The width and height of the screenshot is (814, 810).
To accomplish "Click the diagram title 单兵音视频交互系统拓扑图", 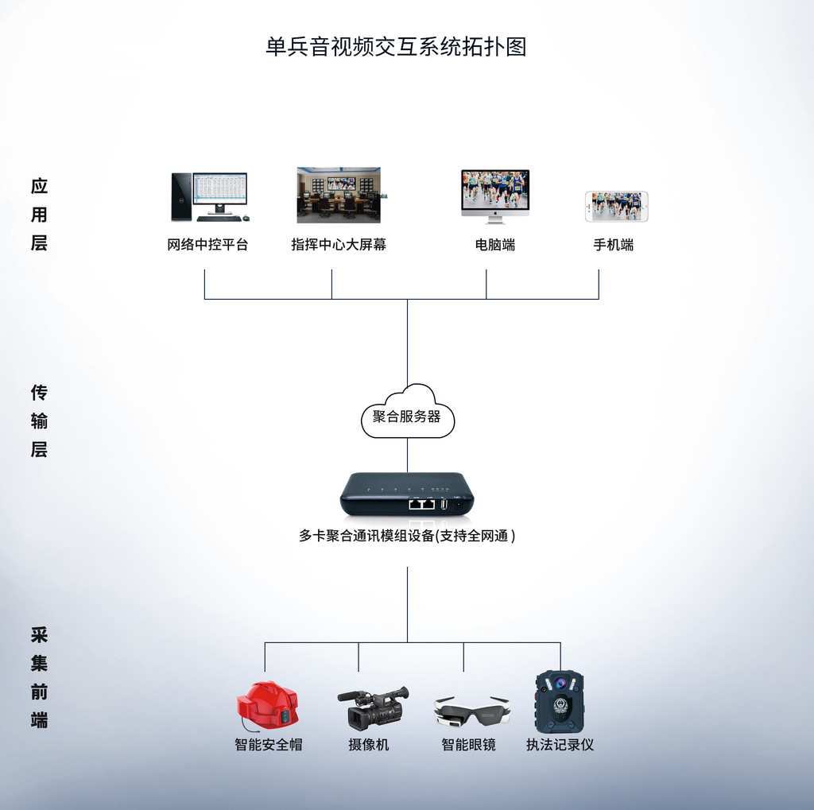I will pyautogui.click(x=396, y=47).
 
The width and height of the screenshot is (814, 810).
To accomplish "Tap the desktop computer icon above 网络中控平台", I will pyautogui.click(x=209, y=197).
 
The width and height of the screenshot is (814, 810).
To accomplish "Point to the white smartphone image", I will pyautogui.click(x=616, y=206).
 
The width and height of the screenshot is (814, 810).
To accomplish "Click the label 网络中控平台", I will pyautogui.click(x=207, y=245).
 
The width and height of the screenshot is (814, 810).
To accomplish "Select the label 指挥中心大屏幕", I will pyautogui.click(x=339, y=245).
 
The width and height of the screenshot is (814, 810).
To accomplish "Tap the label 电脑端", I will pyautogui.click(x=494, y=245).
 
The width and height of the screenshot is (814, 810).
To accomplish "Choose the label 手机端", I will pyautogui.click(x=613, y=245).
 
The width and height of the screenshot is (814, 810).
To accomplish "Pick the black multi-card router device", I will pyautogui.click(x=407, y=494).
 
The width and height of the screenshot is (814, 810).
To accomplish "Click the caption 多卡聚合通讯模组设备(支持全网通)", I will pyautogui.click(x=407, y=537).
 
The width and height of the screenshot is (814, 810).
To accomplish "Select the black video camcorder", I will pyautogui.click(x=373, y=707).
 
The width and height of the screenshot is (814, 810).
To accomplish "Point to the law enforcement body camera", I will pyautogui.click(x=559, y=701).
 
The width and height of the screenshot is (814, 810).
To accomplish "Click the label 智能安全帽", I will pyautogui.click(x=268, y=745).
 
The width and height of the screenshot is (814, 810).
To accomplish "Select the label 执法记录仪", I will pyautogui.click(x=560, y=745).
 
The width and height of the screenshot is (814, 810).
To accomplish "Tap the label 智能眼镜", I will pyautogui.click(x=468, y=745).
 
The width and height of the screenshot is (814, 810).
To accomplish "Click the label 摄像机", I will pyautogui.click(x=368, y=745).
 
